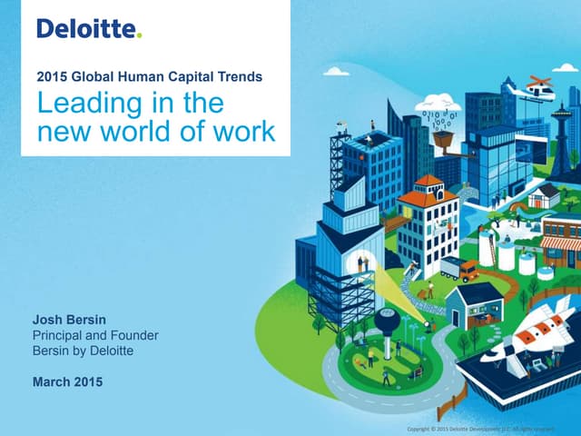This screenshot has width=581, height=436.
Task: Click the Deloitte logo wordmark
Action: [x=86, y=29]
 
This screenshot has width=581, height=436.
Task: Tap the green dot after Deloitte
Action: [x=139, y=35]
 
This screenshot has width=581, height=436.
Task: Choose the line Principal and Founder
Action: [x=94, y=335]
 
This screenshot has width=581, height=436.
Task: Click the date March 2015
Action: [x=67, y=381]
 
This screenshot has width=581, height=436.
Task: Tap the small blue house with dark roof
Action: [x=474, y=305]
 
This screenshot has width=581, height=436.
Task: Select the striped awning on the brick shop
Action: [x=560, y=243]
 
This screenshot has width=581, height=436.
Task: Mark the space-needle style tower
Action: [x=560, y=136]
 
